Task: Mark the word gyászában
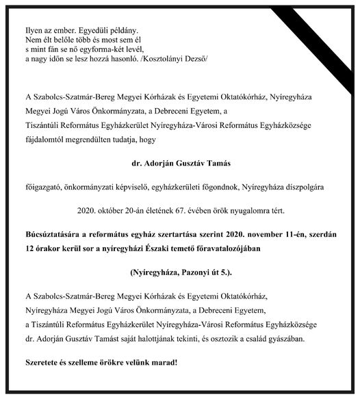(297, 338)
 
